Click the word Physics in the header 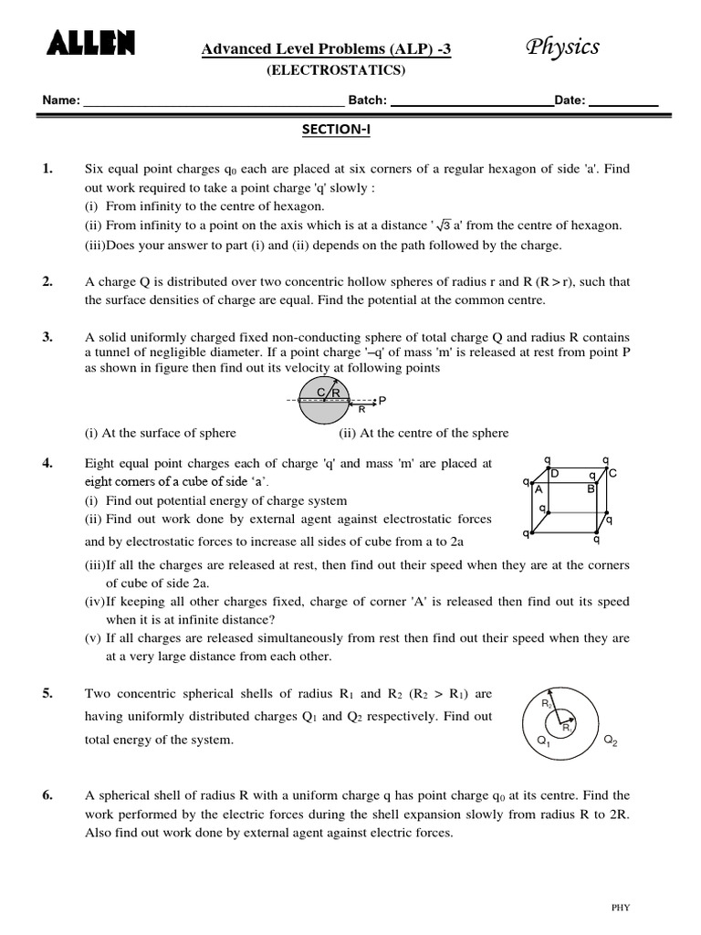(563, 47)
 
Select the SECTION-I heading (338, 130)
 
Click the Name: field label (61, 100)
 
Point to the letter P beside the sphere (382, 401)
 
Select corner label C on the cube (612, 473)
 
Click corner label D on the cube (554, 473)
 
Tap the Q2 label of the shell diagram (611, 742)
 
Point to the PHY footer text (621, 907)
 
